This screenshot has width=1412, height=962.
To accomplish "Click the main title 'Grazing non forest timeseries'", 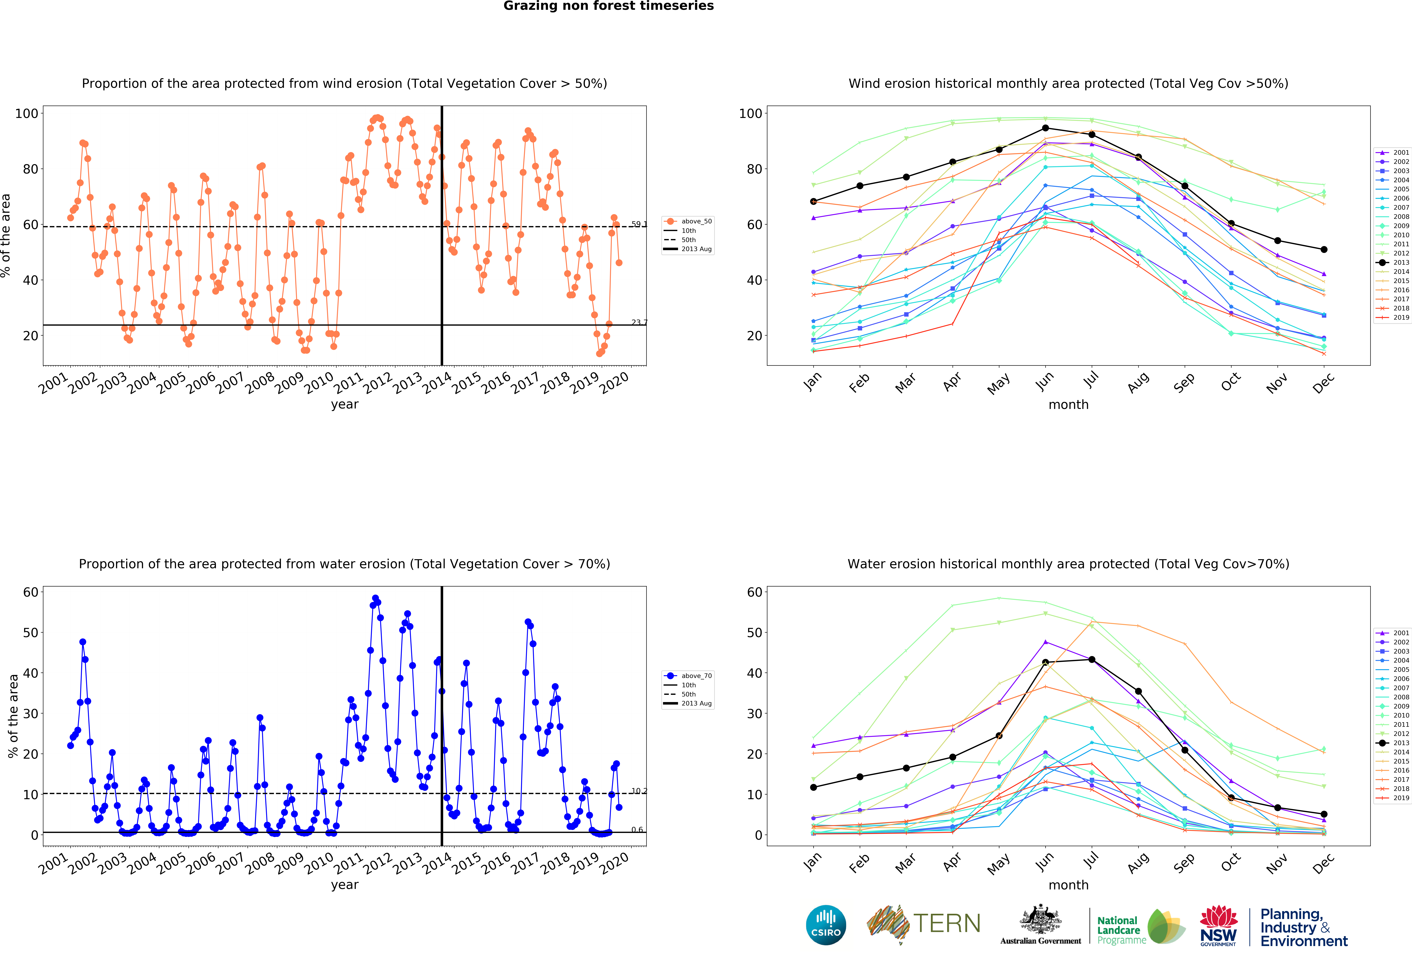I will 608,6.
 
